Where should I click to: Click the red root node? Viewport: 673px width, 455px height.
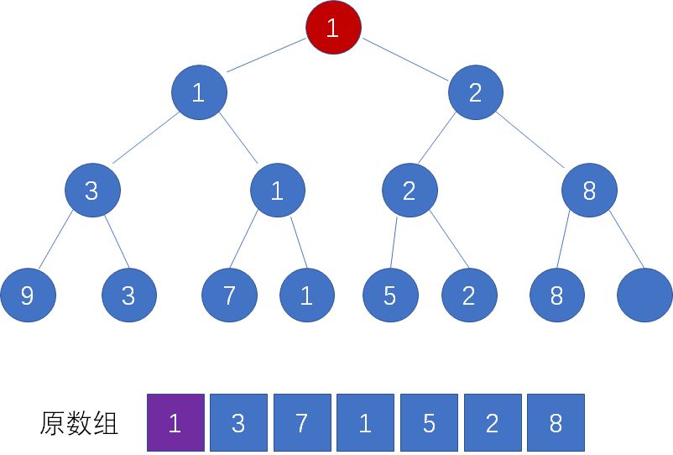click(333, 28)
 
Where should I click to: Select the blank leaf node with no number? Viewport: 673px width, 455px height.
click(644, 295)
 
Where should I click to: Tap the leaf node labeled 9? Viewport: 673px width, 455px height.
click(29, 295)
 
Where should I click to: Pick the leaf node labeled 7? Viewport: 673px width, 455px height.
click(230, 295)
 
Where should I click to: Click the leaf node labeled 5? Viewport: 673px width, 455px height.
click(390, 295)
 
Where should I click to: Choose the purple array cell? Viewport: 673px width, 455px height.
click(175, 422)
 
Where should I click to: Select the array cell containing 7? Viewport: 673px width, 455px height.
click(302, 422)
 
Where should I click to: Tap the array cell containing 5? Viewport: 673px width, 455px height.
click(429, 422)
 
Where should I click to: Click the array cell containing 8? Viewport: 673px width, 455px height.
click(556, 422)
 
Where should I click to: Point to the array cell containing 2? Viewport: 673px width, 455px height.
click(493, 422)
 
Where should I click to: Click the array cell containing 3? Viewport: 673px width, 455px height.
click(238, 422)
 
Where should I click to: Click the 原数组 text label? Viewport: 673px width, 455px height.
click(79, 423)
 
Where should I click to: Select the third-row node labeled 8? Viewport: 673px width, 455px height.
click(589, 191)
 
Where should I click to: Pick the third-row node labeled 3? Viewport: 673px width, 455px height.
click(92, 191)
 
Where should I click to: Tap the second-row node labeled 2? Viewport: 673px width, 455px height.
click(476, 92)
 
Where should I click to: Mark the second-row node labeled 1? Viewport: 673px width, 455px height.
click(199, 92)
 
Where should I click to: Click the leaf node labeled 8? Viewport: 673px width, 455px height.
click(557, 295)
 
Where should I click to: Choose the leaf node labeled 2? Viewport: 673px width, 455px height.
click(469, 295)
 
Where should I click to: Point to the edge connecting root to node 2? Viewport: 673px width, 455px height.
click(405, 60)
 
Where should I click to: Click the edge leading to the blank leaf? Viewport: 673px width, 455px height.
click(627, 239)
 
